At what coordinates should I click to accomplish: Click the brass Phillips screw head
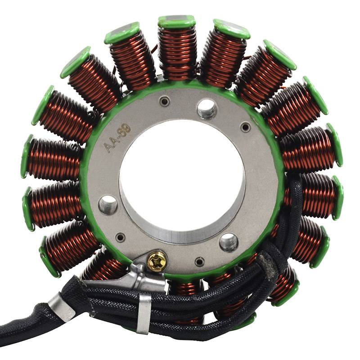157,261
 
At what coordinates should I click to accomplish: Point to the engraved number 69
125,130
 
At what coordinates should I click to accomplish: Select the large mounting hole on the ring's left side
108,205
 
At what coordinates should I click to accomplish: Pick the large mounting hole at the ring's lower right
229,243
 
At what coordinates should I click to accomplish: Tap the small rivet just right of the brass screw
199,262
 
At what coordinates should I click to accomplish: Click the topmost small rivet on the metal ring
165,101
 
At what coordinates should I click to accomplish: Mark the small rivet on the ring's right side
245,126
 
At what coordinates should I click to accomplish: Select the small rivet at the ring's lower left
120,237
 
